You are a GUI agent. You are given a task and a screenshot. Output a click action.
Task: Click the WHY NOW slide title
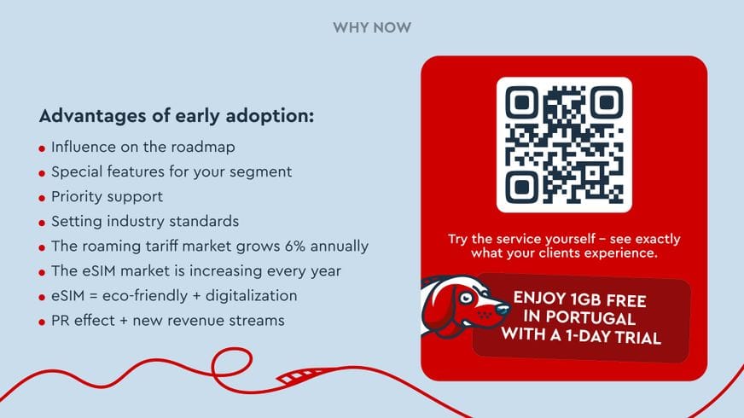[371, 28]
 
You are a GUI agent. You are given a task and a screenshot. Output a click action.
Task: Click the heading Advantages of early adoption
[177, 116]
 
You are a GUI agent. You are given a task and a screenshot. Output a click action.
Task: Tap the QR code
[564, 144]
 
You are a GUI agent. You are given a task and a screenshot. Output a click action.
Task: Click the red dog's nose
[492, 313]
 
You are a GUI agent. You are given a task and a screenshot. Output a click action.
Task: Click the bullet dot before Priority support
[42, 198]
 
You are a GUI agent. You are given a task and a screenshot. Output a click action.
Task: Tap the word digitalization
[252, 296]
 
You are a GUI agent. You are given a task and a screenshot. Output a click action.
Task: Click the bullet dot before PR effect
[42, 322]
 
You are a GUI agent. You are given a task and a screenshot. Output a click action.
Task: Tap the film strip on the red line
[298, 374]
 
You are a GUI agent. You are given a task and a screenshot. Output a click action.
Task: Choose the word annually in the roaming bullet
[340, 247]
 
